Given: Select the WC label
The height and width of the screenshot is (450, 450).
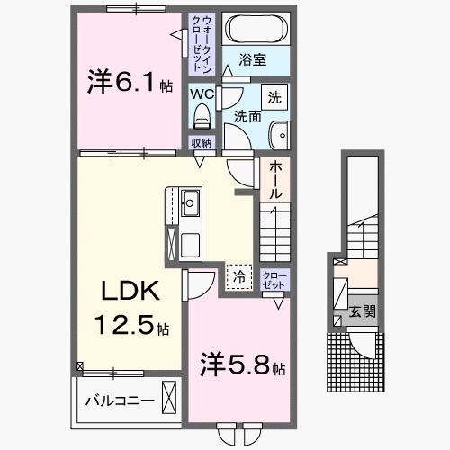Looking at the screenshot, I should [x=201, y=93].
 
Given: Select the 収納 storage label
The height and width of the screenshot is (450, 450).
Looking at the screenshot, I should [x=201, y=143].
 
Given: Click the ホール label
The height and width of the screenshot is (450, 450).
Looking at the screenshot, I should [x=275, y=180].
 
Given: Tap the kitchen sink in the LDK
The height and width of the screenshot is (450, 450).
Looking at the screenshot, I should [x=190, y=202].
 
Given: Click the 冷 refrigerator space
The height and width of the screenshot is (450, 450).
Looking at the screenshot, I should [x=239, y=277].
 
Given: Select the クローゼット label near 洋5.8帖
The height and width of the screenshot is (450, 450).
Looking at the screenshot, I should [x=272, y=278].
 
